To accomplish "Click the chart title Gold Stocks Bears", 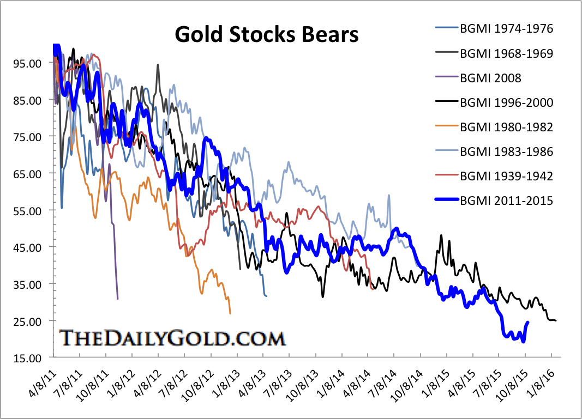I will tap(266, 34).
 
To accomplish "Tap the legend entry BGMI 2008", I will tap(490, 78).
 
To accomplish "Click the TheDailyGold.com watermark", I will tap(172, 338).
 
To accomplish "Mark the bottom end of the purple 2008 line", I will tap(118, 299).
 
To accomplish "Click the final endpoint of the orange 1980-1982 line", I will tap(230, 313).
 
